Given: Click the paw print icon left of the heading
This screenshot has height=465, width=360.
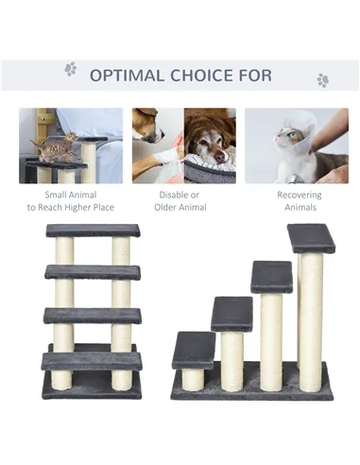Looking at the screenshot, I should (x=70, y=69).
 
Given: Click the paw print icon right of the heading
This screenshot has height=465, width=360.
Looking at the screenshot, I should (x=322, y=80).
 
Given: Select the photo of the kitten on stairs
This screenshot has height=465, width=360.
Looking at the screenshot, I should (x=71, y=146).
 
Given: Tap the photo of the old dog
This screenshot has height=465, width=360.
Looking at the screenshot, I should (x=183, y=146).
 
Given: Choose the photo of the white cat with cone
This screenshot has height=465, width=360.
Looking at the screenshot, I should (x=296, y=146).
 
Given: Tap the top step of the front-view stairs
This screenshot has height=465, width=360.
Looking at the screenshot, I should (x=93, y=231).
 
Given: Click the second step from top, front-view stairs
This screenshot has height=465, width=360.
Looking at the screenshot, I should (x=93, y=272).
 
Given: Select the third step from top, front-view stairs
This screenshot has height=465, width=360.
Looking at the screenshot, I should (x=93, y=315).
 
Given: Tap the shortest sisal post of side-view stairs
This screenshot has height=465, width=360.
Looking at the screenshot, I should (x=193, y=378).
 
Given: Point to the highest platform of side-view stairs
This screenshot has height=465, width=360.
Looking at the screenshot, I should (x=311, y=238).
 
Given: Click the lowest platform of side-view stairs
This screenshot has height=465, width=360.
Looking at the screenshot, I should (x=194, y=350).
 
